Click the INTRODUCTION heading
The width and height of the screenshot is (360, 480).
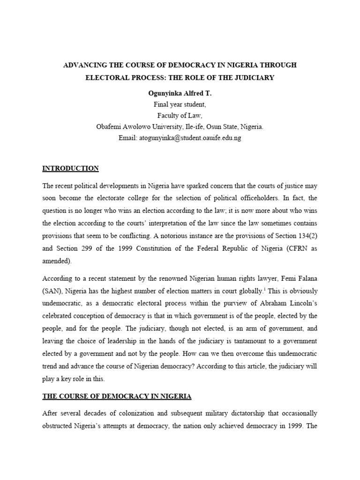[70, 168]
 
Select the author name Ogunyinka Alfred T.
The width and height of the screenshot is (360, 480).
[180, 93]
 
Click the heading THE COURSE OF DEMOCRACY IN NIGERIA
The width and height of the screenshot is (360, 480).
[117, 396]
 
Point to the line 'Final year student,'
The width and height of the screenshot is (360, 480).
[180, 105]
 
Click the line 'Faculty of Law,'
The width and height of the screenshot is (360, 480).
[180, 116]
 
